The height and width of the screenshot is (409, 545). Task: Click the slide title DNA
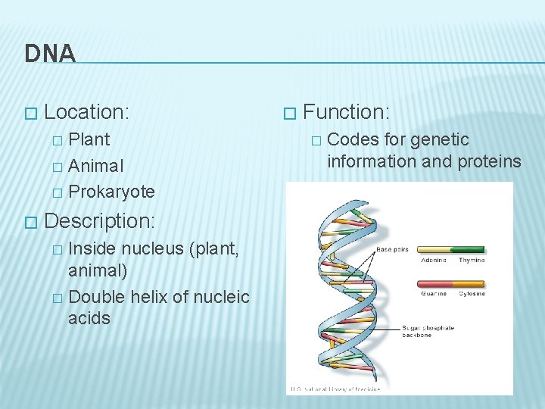[50, 53]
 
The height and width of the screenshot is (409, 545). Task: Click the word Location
[86, 112]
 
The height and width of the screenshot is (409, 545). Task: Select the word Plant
[89, 139]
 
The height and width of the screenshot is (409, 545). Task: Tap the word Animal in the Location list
[96, 165]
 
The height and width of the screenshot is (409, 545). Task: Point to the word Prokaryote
[111, 191]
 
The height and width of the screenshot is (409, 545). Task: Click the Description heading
[99, 221]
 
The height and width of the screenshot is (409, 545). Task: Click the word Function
[345, 112]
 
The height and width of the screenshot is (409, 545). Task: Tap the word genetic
[442, 139]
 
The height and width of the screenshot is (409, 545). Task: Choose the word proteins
[489, 161]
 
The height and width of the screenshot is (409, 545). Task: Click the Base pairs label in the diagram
[394, 248]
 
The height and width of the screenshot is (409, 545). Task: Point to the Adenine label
[433, 260]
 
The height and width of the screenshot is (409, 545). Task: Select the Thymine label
[471, 260]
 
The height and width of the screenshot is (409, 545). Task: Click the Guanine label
[433, 294]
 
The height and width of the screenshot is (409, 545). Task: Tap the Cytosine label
[471, 294]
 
